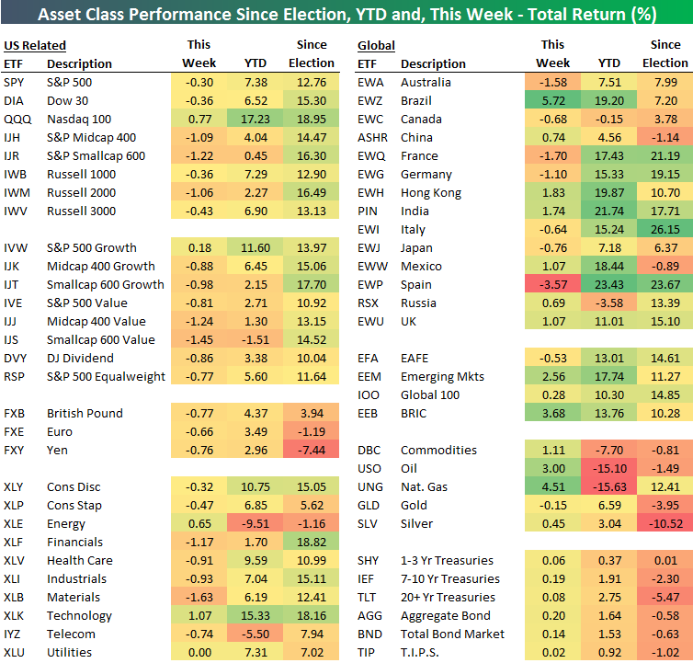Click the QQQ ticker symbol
[x=17, y=119]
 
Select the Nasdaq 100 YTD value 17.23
[x=255, y=119]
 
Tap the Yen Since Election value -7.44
[x=312, y=450]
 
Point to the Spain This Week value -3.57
[x=552, y=284]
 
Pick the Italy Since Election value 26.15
[x=665, y=229]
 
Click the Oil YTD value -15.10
[x=608, y=468]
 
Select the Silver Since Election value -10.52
[x=665, y=523]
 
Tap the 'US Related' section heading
[x=35, y=45]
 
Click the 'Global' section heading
[x=377, y=45]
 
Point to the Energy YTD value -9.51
[x=255, y=523]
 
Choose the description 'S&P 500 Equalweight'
[x=106, y=376]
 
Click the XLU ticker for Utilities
[x=16, y=652]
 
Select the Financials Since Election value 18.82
[x=312, y=542]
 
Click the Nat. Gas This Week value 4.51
[x=552, y=486]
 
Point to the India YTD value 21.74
[x=608, y=211]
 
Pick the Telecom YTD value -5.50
[x=255, y=634]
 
